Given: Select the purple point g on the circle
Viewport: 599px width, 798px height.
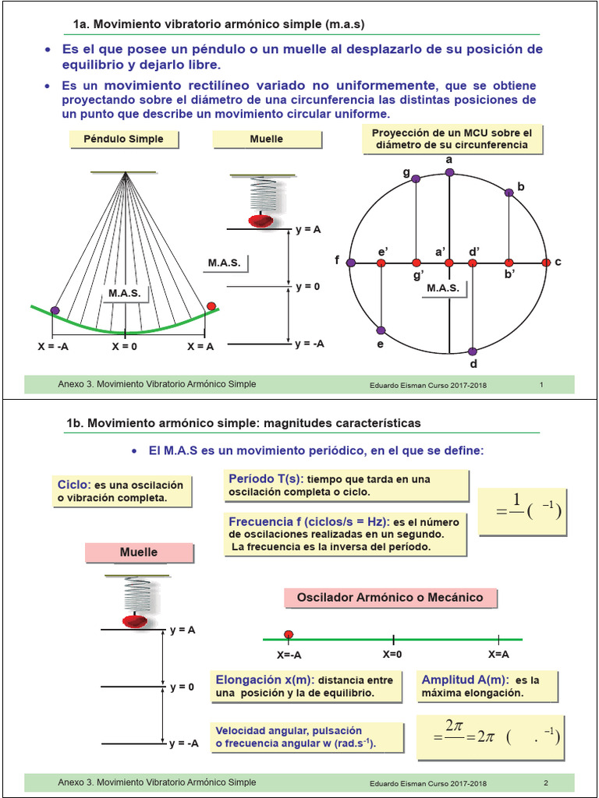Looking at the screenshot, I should (x=416, y=178).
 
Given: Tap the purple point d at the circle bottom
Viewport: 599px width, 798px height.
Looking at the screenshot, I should (x=472, y=351).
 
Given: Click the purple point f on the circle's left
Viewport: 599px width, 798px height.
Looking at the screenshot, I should (x=351, y=263).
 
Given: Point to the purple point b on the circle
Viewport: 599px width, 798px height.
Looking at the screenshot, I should (x=509, y=192).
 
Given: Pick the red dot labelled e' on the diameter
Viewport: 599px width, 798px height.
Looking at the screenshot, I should (x=381, y=263).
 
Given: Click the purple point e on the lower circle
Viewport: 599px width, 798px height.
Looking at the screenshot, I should (x=381, y=330).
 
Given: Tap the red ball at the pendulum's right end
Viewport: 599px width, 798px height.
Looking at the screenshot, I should (x=211, y=306).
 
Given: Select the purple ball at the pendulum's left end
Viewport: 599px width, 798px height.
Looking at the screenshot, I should (x=55, y=310).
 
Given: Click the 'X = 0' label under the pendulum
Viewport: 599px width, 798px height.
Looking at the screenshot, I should (x=125, y=347).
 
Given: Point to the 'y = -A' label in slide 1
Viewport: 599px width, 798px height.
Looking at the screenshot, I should (x=310, y=344).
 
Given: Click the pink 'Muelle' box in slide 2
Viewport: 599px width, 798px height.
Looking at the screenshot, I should (x=139, y=553).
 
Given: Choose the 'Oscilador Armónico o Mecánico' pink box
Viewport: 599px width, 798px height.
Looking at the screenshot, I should (x=389, y=598).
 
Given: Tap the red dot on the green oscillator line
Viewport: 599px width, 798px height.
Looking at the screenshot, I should (x=289, y=634).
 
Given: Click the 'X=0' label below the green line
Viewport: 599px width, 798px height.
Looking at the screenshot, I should (x=392, y=655).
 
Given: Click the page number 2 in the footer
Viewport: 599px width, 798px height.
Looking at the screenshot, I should (x=546, y=783).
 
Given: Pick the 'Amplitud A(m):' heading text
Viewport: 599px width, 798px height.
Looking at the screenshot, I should (x=464, y=680).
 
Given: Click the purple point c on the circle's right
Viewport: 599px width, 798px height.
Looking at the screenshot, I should (x=547, y=263).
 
